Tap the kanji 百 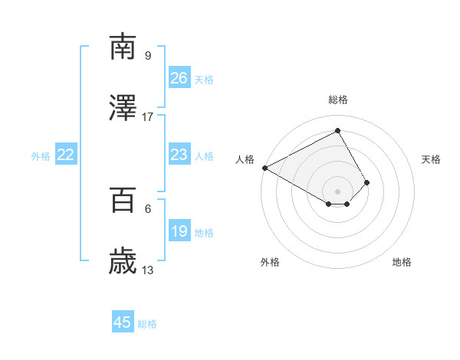(x=123, y=201)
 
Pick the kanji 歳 (x=123, y=263)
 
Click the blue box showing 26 (x=179, y=78)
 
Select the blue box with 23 (x=179, y=155)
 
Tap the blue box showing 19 (x=179, y=231)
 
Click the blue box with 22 (x=66, y=155)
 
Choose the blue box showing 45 (x=123, y=322)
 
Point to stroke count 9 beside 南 (x=148, y=55)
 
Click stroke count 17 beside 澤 (x=148, y=116)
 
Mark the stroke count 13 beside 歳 (x=148, y=270)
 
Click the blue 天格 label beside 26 (x=204, y=79)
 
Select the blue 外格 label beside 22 (x=41, y=155)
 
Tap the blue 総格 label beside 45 (x=147, y=323)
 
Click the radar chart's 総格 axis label (x=338, y=100)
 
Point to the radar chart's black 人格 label (x=245, y=159)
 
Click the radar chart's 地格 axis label (x=402, y=262)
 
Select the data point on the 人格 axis (x=264, y=168)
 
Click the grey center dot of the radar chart (x=338, y=191)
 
